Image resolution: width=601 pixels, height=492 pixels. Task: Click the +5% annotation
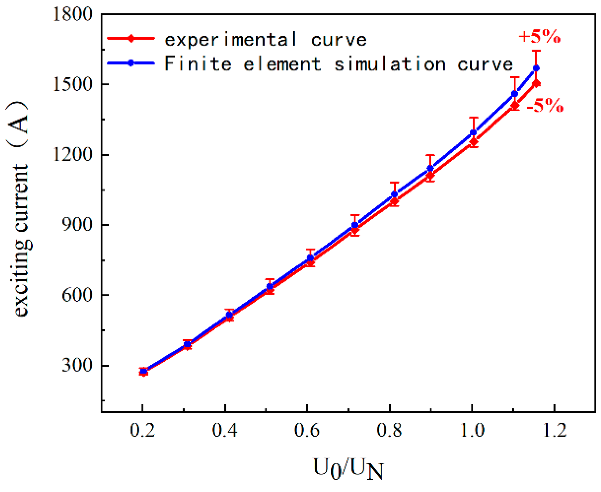point(539,36)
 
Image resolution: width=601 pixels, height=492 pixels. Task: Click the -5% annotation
point(545,105)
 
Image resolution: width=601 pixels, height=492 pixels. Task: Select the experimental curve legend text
point(265,40)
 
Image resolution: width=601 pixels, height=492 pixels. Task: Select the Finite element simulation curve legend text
point(338,64)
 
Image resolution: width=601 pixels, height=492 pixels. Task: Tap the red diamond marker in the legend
point(131,38)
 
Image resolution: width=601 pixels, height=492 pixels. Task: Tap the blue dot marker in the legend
point(131,63)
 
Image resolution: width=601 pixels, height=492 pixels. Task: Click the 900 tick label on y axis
point(77,224)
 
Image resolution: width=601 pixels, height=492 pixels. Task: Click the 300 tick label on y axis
point(77,365)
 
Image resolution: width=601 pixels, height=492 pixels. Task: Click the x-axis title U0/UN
point(348,469)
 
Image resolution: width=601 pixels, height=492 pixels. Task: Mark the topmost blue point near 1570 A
point(536,68)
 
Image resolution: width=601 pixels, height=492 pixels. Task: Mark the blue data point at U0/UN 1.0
point(473,133)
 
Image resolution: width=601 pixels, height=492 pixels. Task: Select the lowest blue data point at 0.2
point(144,372)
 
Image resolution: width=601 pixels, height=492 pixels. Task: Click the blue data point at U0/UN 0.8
point(394,194)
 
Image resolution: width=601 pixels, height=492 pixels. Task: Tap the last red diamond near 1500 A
point(536,84)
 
